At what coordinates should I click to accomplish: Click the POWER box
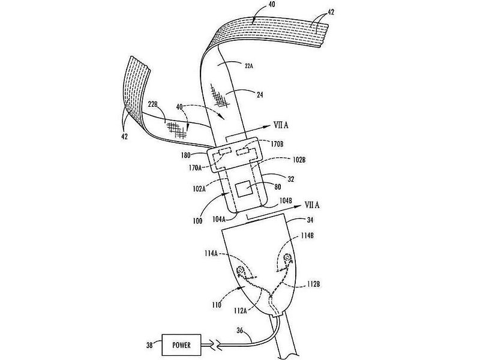[x=181, y=346]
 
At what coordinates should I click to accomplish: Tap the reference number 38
[x=149, y=346]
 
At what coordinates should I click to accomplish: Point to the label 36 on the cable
[x=241, y=331]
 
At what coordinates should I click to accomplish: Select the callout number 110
[x=217, y=305]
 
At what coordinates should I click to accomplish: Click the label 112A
[x=241, y=311]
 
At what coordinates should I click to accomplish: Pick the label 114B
[x=307, y=236]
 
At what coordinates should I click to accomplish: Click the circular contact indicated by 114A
[x=241, y=270]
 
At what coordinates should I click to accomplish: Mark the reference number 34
[x=310, y=220]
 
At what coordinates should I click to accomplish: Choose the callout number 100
[x=197, y=221]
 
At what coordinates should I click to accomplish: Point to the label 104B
[x=286, y=200]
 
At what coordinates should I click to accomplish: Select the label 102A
[x=200, y=189]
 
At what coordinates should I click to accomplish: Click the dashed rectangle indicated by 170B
[x=244, y=152]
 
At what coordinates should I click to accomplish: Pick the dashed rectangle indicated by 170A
[x=225, y=151]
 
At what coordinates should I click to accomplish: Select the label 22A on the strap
[x=248, y=65]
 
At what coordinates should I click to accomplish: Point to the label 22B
[x=152, y=104]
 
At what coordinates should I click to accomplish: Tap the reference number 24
[x=260, y=95]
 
